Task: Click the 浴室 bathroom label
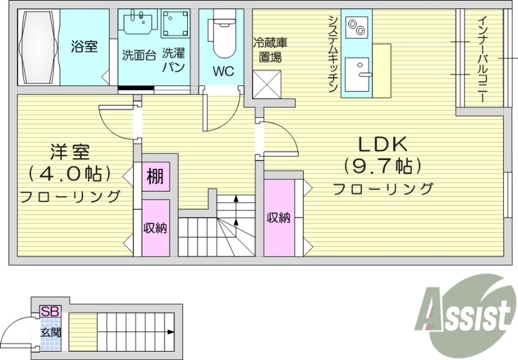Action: click(84, 47)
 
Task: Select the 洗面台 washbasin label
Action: click(139, 55)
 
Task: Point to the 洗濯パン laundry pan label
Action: click(174, 60)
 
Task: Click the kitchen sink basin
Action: click(355, 73)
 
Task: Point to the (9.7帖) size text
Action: click(382, 166)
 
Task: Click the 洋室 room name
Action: click(71, 153)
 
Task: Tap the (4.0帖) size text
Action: click(71, 174)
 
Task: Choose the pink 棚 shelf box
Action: click(155, 176)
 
